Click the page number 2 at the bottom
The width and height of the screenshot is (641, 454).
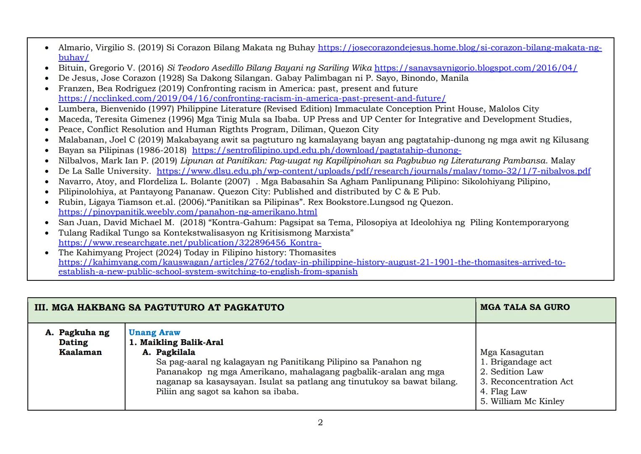point(320,422)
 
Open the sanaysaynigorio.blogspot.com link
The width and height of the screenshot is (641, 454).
point(476,68)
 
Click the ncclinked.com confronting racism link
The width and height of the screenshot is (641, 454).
point(252,98)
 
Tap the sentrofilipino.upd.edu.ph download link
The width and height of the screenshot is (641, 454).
point(327,150)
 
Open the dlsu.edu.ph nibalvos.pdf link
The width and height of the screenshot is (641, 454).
point(373,171)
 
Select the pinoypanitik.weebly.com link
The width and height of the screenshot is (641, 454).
point(188,212)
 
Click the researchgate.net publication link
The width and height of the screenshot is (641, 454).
point(190,243)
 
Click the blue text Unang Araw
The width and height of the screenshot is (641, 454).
point(154,333)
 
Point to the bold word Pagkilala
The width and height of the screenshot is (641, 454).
point(175,352)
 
